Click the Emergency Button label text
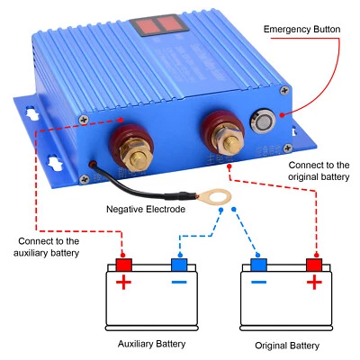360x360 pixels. click(302, 29)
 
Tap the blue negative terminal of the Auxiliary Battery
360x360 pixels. click(179, 265)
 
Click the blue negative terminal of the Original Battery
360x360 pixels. click(260, 265)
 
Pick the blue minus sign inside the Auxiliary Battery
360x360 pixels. click(179, 284)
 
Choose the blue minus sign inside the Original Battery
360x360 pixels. click(260, 284)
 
